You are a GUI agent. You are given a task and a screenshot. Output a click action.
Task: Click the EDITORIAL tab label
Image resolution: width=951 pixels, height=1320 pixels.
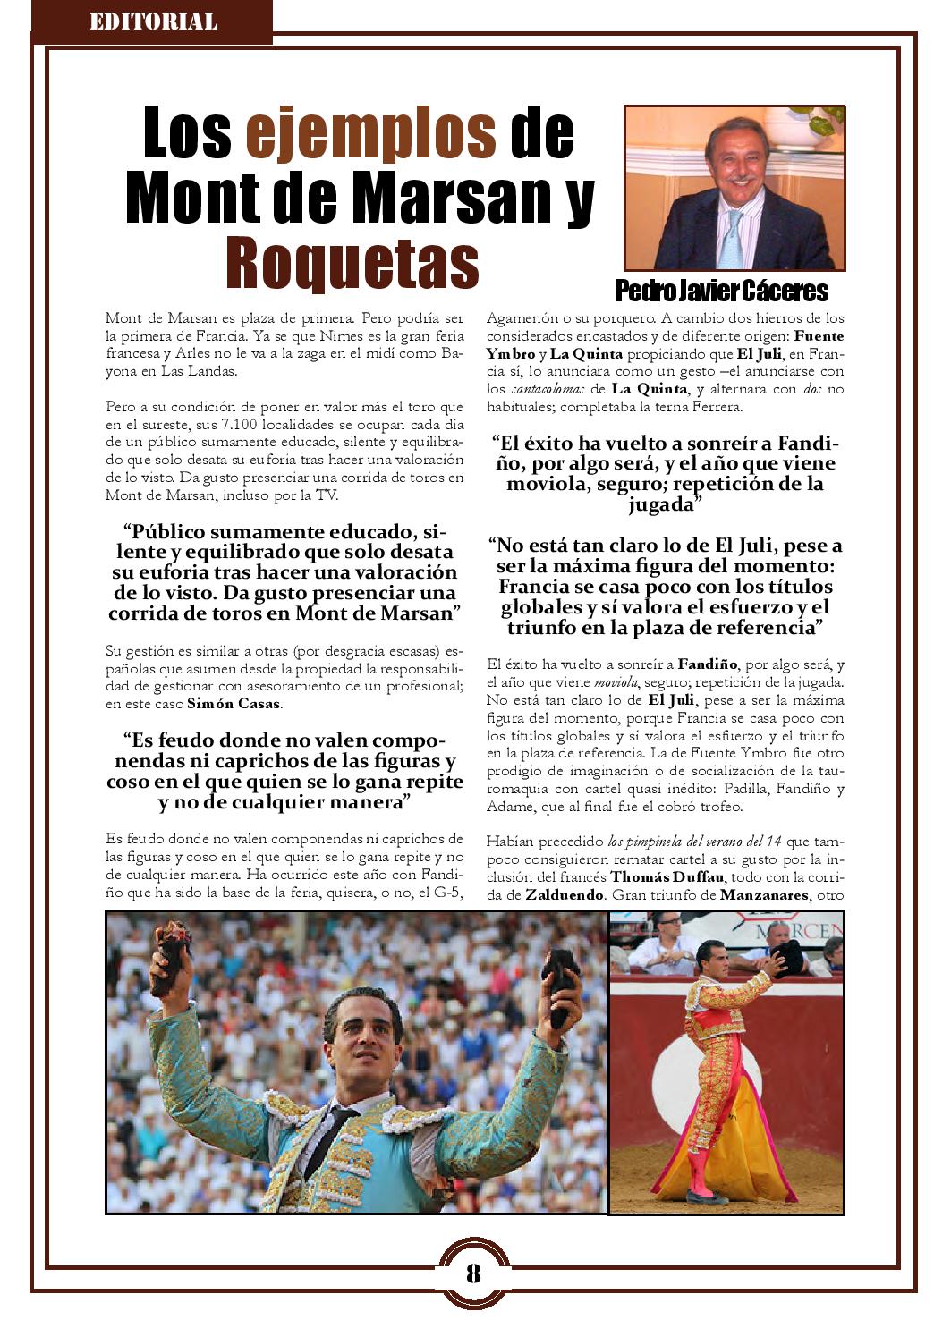(153, 21)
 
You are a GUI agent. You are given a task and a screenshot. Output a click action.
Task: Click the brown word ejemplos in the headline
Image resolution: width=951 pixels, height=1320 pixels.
(370, 133)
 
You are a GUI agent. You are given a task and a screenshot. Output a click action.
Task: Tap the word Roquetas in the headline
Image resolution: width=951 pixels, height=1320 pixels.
(352, 260)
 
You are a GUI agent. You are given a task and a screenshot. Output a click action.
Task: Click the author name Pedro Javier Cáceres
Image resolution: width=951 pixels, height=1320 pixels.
(722, 292)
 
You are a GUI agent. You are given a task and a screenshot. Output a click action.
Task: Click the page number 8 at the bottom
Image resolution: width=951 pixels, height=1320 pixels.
(473, 1273)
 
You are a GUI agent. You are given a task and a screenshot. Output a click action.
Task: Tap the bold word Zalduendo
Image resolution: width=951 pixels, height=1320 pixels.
(564, 895)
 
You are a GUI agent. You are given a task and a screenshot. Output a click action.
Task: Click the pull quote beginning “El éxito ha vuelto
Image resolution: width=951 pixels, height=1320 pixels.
(664, 474)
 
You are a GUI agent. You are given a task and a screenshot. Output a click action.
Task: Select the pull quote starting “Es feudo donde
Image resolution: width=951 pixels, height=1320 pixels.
(284, 771)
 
